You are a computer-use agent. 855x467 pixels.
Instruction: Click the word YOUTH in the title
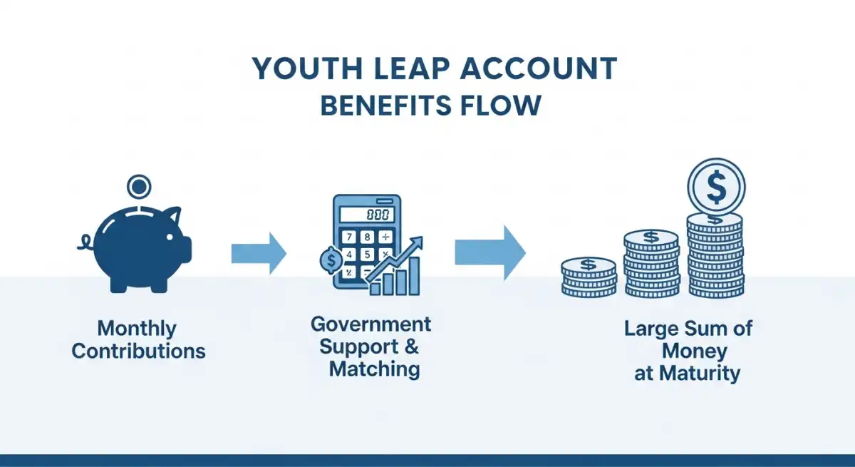point(307,68)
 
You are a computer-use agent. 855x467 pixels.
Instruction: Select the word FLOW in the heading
point(501,105)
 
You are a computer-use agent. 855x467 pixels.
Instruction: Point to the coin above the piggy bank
point(139,187)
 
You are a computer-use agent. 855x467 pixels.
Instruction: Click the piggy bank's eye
point(170,237)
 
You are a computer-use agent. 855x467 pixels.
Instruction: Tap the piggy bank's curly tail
point(85,242)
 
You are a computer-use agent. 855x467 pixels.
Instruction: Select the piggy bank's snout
point(186,250)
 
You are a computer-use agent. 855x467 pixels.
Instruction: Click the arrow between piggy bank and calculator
point(259,254)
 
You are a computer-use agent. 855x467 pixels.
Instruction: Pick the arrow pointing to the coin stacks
point(490,253)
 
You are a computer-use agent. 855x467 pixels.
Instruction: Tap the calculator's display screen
point(367,215)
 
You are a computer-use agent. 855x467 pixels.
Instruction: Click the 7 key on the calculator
point(349,237)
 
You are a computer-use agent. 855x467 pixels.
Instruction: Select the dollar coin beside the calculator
point(331,260)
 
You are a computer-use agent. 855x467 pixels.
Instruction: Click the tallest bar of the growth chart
point(414,276)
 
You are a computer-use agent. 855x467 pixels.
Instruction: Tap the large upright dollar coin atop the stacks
point(717,187)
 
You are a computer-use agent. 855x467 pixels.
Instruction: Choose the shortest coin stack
point(589,277)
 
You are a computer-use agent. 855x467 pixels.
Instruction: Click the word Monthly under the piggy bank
point(137,329)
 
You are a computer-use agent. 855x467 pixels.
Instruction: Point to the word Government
point(371,324)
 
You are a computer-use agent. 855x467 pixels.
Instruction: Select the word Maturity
point(700,373)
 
